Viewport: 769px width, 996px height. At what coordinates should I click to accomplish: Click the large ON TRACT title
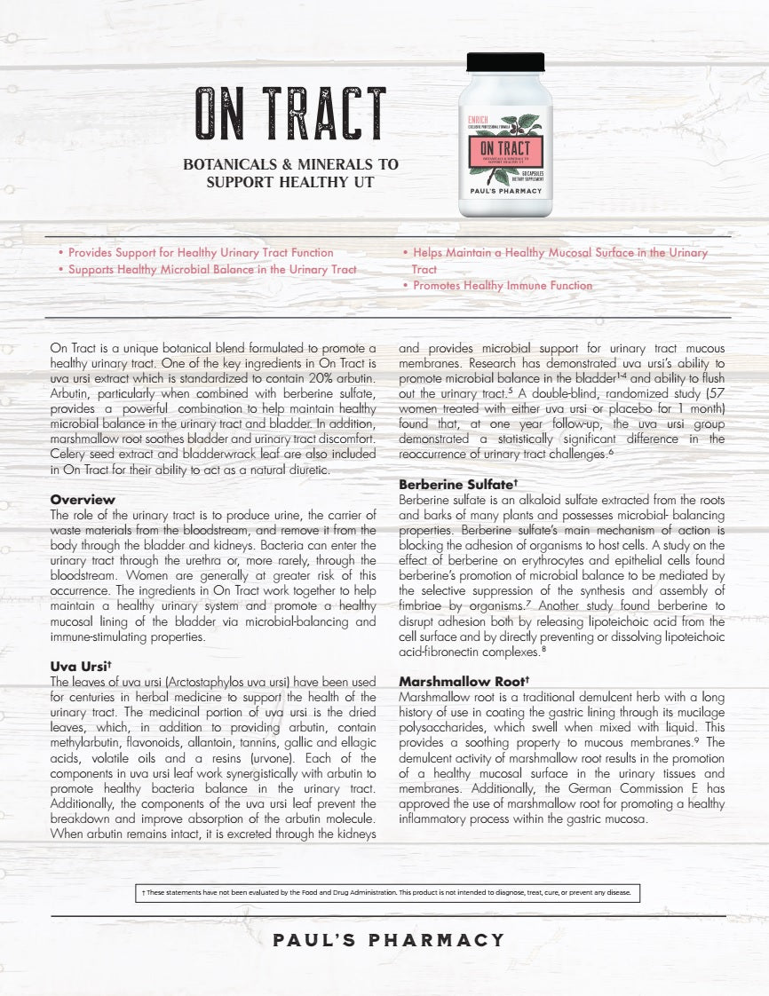[x=290, y=115]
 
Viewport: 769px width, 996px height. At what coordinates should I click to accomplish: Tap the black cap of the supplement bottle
[x=505, y=62]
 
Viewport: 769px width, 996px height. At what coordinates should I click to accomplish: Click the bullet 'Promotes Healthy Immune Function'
[x=502, y=286]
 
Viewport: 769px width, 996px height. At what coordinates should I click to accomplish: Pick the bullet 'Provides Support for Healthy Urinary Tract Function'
[x=201, y=253]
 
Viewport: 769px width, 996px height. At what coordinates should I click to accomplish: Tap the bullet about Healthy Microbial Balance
[x=212, y=270]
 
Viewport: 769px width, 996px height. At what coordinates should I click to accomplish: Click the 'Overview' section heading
[x=83, y=500]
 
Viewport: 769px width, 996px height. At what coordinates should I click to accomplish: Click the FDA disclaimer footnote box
[x=384, y=892]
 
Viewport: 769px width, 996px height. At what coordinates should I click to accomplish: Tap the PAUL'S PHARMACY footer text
[x=389, y=940]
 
